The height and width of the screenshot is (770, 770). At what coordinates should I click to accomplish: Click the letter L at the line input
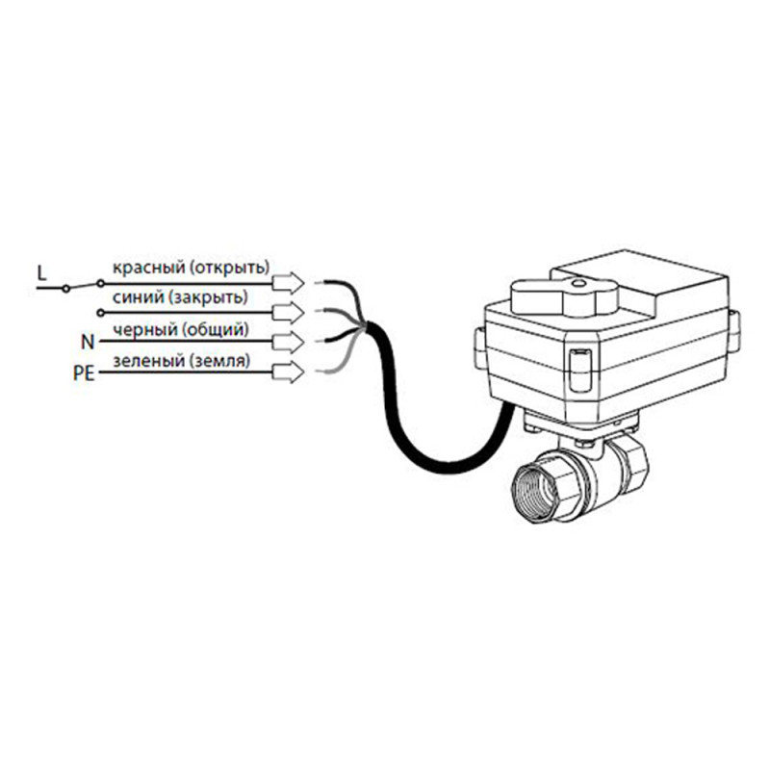pos(41,273)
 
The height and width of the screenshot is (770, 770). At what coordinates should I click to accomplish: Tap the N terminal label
pos(88,342)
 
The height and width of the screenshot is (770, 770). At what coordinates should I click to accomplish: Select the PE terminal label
pos(84,373)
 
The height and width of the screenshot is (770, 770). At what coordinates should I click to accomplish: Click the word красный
pos(149,269)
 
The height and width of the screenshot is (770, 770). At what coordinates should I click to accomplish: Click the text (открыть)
pos(229,269)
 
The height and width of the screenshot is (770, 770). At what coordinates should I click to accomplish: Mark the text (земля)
pos(218,361)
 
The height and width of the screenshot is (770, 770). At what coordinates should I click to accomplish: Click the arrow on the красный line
pos(288,283)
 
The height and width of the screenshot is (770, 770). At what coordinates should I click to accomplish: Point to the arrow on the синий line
pos(288,312)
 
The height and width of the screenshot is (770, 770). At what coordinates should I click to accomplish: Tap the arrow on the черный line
pos(288,343)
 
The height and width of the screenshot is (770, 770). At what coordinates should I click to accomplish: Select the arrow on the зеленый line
pos(288,372)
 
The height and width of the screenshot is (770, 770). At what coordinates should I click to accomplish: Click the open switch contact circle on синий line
pos(101,313)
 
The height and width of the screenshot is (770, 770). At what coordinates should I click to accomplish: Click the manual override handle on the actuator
pos(564,296)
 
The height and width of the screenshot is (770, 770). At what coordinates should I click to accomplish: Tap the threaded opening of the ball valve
pos(534,490)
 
